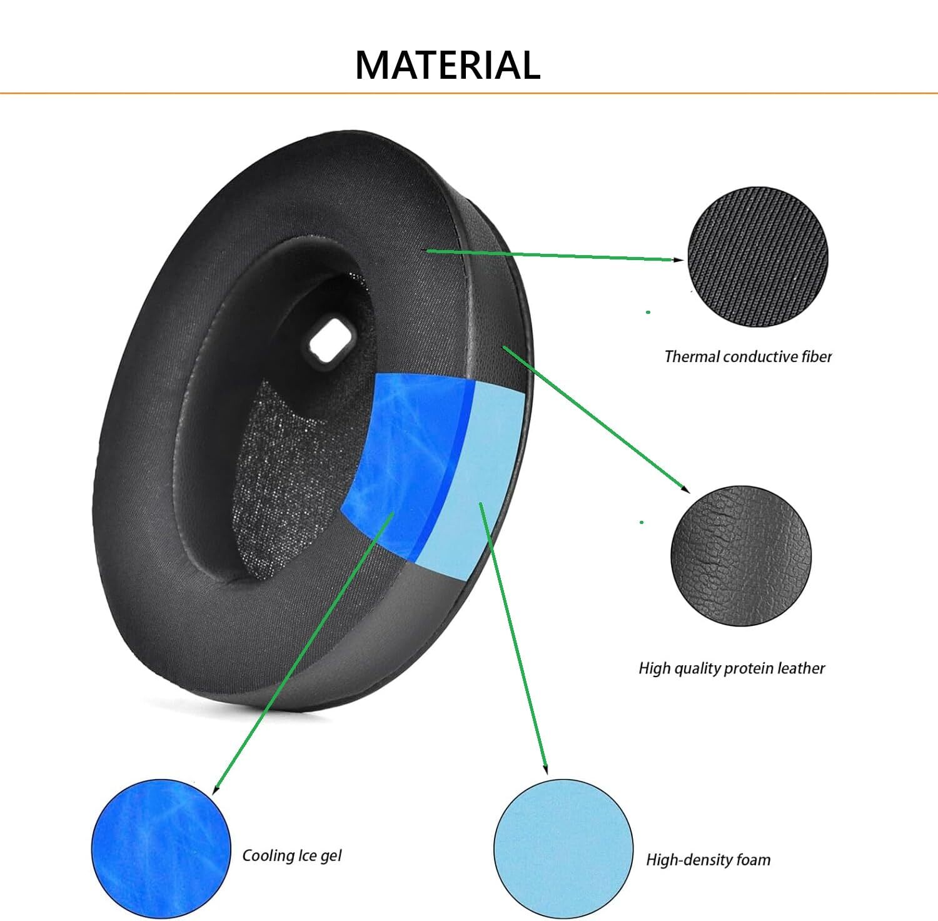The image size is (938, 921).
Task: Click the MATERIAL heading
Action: point(448,65)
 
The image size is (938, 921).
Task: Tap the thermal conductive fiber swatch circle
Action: point(757,257)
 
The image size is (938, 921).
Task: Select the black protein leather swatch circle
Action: point(740,555)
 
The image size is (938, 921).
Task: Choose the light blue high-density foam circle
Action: point(563,848)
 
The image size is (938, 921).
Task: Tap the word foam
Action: point(754,860)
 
